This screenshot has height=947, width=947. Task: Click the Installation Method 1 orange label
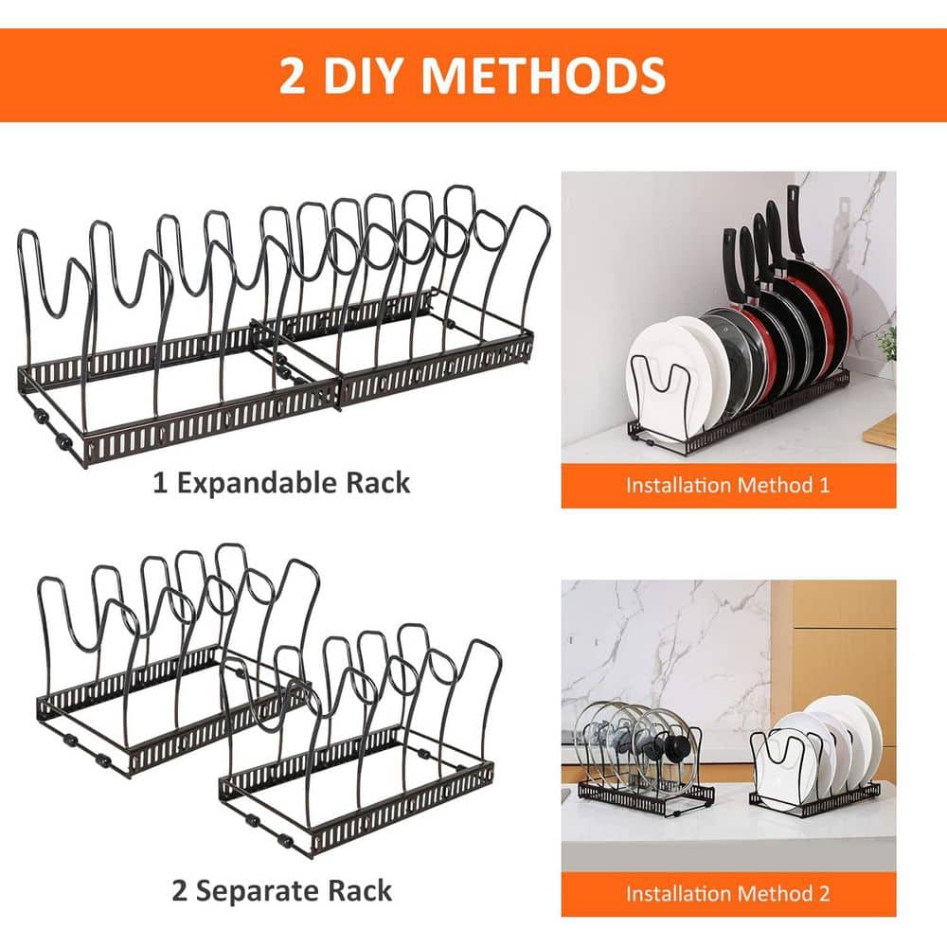(x=727, y=485)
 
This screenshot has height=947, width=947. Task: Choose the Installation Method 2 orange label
(x=727, y=893)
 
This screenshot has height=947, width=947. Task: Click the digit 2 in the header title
(x=292, y=76)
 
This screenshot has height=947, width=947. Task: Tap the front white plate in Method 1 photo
(x=663, y=369)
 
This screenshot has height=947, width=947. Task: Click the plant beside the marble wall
(x=888, y=346)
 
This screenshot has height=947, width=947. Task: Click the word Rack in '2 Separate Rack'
(x=359, y=890)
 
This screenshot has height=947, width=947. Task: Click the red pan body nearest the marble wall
(x=829, y=303)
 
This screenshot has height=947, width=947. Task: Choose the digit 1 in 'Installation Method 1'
(x=823, y=485)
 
